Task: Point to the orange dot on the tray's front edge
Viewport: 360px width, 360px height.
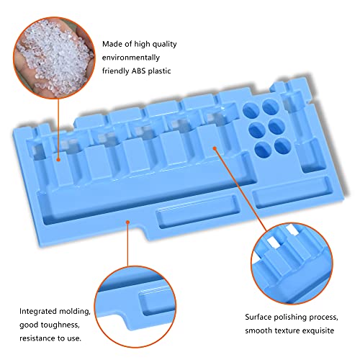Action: (x=127, y=222)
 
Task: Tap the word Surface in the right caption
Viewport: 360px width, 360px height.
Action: (x=259, y=316)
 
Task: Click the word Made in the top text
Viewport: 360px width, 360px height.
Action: (x=112, y=44)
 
